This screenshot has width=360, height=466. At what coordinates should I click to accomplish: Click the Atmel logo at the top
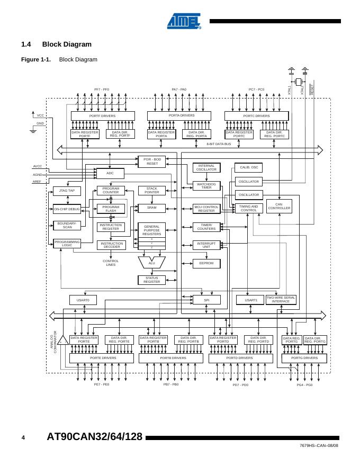[184, 21]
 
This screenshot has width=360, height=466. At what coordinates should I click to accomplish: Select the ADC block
[110, 173]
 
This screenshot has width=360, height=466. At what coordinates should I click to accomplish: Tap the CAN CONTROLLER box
[279, 207]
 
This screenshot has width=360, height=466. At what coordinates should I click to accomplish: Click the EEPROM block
[206, 263]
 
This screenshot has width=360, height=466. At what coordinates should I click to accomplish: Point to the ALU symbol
[152, 263]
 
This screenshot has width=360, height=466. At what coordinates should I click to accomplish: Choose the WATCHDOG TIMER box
[206, 186]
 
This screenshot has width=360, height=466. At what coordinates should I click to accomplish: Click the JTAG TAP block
[67, 191]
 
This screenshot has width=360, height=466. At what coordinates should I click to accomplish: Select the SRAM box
[151, 209]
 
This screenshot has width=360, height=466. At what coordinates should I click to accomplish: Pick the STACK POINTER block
[151, 190]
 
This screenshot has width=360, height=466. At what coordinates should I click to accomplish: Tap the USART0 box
[83, 300]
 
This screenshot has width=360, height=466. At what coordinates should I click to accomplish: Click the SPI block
[206, 300]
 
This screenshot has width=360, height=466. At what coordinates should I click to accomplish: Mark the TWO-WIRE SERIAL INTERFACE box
[281, 300]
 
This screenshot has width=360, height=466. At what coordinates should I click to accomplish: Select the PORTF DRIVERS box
[103, 115]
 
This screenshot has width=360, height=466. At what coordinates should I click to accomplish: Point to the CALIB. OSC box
[249, 167]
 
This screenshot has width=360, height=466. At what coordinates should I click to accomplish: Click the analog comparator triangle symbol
[62, 340]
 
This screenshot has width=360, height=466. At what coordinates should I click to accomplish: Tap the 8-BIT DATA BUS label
[219, 144]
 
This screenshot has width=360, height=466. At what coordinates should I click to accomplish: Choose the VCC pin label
[40, 115]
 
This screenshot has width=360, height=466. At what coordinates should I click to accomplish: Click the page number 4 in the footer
[23, 437]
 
